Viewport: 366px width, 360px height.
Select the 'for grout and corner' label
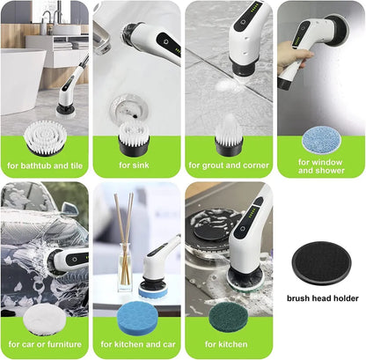coord(227,165)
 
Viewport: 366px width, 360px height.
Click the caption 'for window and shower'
coord(319,165)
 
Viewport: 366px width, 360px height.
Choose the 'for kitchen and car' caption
coord(135,344)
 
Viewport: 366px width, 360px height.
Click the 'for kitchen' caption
coord(227,344)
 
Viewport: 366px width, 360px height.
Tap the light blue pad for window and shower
coord(319,138)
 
